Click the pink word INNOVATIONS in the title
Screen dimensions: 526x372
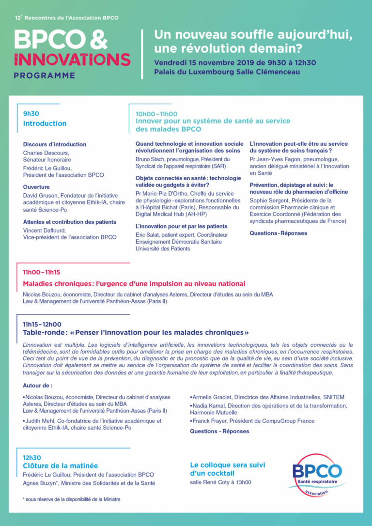tap(72, 60)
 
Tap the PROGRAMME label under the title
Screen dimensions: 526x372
tap(45, 76)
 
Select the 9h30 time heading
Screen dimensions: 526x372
tap(31, 114)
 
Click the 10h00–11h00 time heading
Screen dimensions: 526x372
tap(156, 114)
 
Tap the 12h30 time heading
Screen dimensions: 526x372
tap(32, 457)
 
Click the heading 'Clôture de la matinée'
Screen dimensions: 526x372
tap(60, 465)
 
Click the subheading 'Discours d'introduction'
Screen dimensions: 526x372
tap(55, 144)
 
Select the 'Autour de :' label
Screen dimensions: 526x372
tap(37, 386)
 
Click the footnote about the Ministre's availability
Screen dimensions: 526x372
tap(72, 499)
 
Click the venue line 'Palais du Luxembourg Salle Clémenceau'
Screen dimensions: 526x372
tap(227, 72)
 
